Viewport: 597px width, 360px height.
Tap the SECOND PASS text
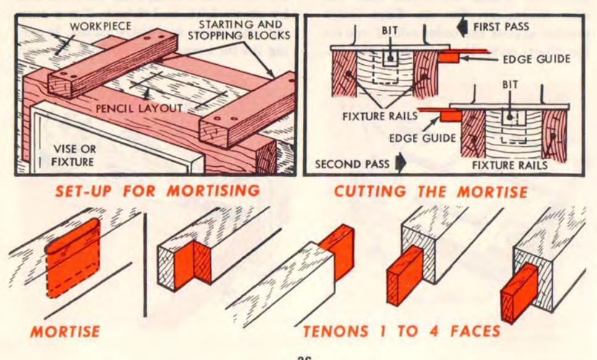pyautogui.click(x=350, y=165)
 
